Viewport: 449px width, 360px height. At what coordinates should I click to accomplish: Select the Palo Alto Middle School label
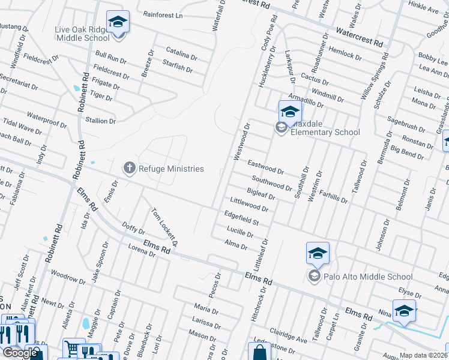(367, 277)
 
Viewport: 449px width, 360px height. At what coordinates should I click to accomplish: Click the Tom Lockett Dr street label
(165, 227)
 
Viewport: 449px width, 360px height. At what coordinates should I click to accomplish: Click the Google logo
(20, 353)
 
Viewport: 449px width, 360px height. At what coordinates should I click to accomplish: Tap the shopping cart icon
(71, 347)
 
